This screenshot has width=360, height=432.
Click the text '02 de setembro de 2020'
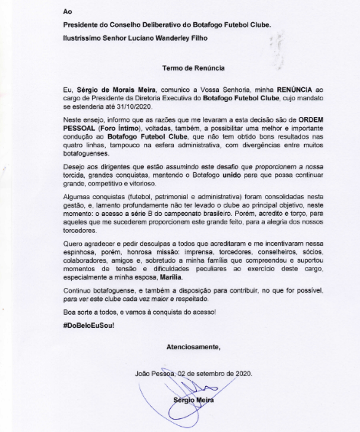tap(215, 375)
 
